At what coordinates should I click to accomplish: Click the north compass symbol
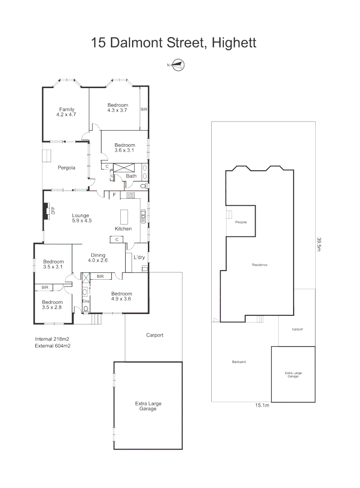178,65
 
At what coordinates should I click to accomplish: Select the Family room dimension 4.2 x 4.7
66,115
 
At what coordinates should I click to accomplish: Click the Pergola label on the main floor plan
66,168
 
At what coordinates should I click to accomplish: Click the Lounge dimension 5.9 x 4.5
81,221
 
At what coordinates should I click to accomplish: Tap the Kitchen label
123,229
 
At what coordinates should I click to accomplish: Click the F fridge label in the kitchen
114,195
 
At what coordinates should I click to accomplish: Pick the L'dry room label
139,257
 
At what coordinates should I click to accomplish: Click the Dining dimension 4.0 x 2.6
98,260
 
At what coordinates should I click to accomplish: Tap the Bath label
131,176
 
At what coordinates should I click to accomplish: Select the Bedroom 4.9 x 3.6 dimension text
122,299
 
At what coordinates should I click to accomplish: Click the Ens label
85,301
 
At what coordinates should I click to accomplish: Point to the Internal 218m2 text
52,339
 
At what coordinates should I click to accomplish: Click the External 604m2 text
52,346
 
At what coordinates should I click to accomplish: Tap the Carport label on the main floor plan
154,335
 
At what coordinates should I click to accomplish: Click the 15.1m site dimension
261,405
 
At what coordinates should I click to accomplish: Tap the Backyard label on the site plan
238,362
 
